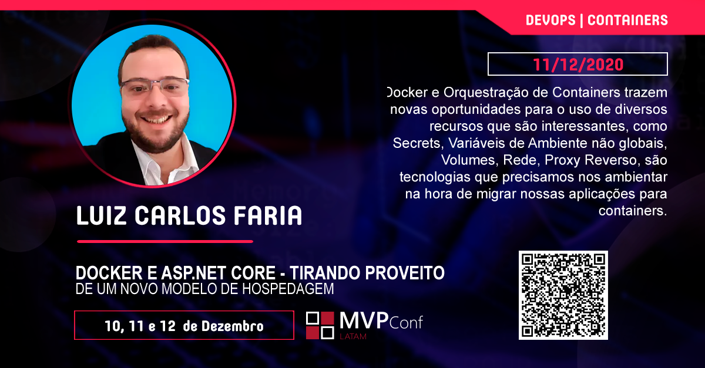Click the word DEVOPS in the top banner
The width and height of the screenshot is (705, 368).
pyautogui.click(x=550, y=20)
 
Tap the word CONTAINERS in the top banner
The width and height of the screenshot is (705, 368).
pyautogui.click(x=627, y=20)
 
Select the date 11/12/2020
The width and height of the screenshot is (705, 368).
pyautogui.click(x=578, y=65)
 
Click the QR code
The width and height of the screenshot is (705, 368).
pyautogui.click(x=563, y=295)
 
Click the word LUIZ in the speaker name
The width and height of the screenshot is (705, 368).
pyautogui.click(x=101, y=215)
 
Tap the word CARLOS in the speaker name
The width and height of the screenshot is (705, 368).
pyautogui.click(x=180, y=215)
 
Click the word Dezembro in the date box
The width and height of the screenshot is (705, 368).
pyautogui.click(x=232, y=326)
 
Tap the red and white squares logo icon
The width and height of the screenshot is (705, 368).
pyautogui.click(x=320, y=326)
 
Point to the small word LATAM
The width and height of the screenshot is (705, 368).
pyautogui.click(x=353, y=336)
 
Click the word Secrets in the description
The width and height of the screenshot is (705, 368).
pyautogui.click(x=417, y=143)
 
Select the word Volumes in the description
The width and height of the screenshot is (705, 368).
pyautogui.click(x=468, y=160)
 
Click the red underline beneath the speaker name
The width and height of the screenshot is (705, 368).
pyautogui.click(x=165, y=242)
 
